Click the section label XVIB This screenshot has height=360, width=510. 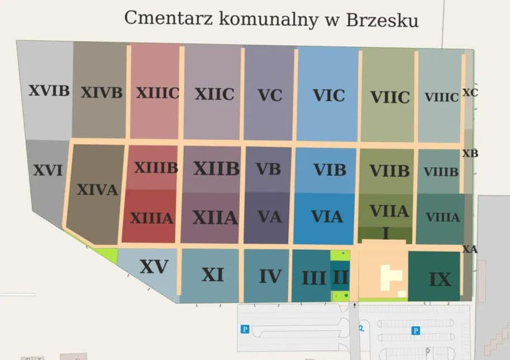(x=49, y=90)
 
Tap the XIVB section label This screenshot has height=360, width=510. (x=101, y=92)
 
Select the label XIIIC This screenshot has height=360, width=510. (x=158, y=93)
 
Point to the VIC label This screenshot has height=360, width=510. (x=328, y=95)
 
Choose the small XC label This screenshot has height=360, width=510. (x=470, y=93)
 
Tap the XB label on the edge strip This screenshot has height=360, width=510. (x=470, y=153)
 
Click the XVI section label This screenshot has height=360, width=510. (x=47, y=170)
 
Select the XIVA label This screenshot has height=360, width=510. (x=97, y=190)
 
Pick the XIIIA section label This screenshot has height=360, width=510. (x=151, y=218)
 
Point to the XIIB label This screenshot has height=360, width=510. (x=216, y=168)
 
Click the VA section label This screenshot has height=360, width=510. (x=270, y=216)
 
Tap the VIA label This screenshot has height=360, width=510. (x=327, y=216)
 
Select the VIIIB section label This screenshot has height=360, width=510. (x=441, y=172)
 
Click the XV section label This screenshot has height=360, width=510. (x=154, y=267)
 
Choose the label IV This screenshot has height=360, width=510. (x=270, y=276)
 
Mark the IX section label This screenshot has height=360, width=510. (x=440, y=279)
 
